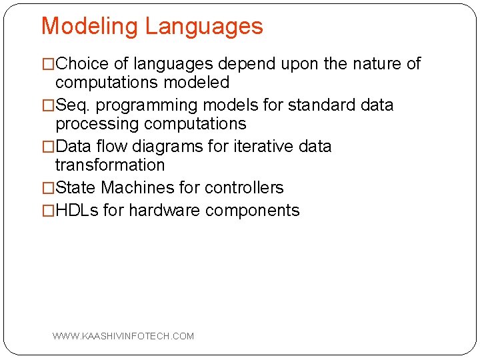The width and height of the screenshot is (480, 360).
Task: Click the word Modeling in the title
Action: pyautogui.click(x=90, y=27)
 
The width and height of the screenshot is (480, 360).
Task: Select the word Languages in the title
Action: pyautogui.click(x=203, y=27)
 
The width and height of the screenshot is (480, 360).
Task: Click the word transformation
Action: pyautogui.click(x=110, y=165)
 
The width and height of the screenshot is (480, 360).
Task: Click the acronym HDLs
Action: pyautogui.click(x=77, y=211)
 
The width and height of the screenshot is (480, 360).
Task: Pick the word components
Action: pyautogui.click(x=253, y=211)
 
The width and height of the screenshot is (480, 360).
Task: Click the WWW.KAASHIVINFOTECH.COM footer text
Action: pyautogui.click(x=123, y=336)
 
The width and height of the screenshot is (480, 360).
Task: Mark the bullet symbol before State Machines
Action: pyautogui.click(x=48, y=189)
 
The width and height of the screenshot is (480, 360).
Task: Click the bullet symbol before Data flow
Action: pyautogui.click(x=48, y=147)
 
